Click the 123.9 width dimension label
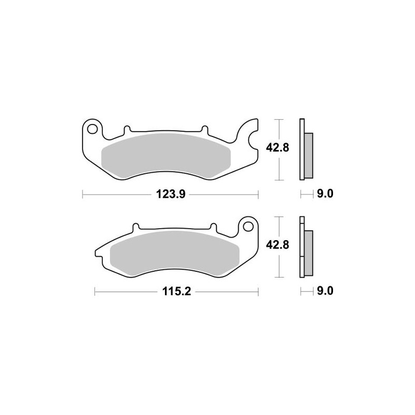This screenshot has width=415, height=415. click(171, 195)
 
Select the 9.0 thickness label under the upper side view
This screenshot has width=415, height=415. click(324, 195)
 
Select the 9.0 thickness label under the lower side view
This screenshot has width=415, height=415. click(324, 293)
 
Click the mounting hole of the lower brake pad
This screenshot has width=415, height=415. click(247, 226)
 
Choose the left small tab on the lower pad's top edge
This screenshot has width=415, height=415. click(136, 227)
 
